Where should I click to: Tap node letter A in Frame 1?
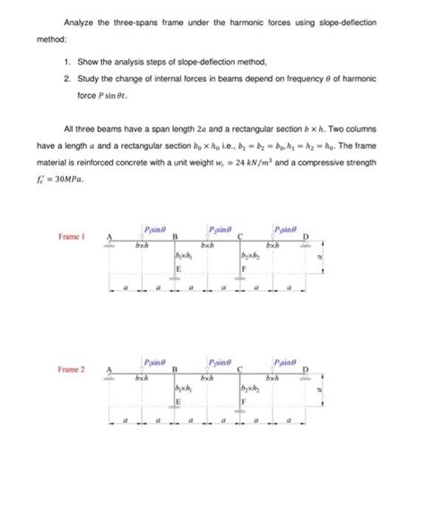[x=110, y=236]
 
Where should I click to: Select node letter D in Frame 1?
[x=308, y=237]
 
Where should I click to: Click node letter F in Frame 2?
[x=243, y=402]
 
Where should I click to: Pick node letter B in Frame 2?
[x=175, y=369]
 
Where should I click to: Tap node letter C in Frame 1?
[x=242, y=236]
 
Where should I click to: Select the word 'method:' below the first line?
[x=53, y=39]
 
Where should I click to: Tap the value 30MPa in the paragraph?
[x=66, y=179]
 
